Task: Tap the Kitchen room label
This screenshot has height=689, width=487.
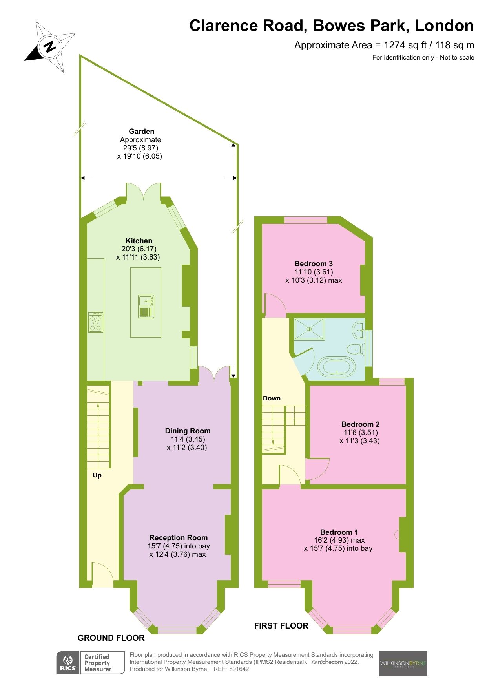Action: [139, 241]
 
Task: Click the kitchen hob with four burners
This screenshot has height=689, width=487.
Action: [96, 322]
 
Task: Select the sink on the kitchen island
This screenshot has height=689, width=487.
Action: [146, 302]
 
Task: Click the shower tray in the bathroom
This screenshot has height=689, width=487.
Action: [309, 329]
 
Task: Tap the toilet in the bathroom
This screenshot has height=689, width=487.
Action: [355, 348]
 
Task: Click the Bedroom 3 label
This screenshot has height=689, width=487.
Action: [314, 264]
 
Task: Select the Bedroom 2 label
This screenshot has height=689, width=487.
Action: [360, 424]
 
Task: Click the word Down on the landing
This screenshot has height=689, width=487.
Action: [272, 398]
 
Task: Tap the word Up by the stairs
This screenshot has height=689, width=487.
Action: [97, 475]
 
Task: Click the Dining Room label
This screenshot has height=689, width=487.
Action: [188, 431]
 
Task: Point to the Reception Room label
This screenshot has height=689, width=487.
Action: [179, 537]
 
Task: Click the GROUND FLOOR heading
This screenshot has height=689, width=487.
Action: [111, 638]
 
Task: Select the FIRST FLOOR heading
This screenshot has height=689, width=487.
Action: [281, 626]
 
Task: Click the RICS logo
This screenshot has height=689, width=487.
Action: [68, 663]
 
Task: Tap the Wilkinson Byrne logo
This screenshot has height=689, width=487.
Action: [403, 663]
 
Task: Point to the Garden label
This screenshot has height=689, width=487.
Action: [141, 132]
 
